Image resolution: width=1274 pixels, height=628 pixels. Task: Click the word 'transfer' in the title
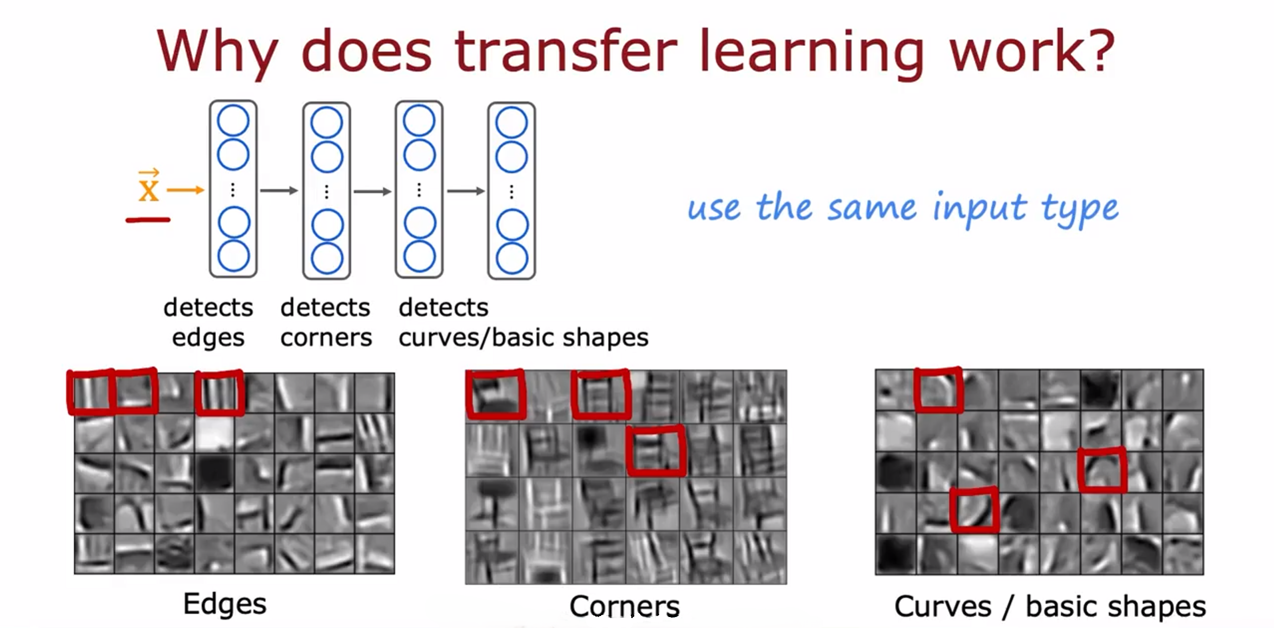(566, 50)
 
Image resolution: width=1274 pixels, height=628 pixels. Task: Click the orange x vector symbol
(148, 185)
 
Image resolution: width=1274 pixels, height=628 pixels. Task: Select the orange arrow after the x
(185, 190)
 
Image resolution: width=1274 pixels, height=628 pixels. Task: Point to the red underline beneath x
(148, 220)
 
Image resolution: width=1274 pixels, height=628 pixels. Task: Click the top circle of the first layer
(233, 120)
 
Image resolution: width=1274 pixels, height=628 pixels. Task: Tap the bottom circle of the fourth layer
(512, 258)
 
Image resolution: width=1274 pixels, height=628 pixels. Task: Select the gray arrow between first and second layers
(279, 190)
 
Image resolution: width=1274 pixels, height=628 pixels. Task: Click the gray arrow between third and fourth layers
(466, 191)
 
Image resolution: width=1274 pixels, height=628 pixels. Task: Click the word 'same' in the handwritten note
(872, 208)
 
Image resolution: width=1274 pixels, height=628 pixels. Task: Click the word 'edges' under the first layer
(208, 338)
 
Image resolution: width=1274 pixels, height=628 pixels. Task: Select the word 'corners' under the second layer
(326, 338)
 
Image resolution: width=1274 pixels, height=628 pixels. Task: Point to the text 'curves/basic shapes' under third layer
(524, 337)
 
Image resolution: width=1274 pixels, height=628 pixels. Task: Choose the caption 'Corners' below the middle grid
(624, 606)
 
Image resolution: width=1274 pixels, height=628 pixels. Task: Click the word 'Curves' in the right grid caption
(943, 606)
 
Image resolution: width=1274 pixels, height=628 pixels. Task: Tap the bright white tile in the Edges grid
(215, 433)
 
